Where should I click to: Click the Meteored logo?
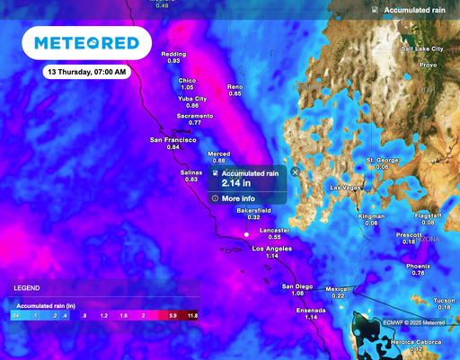(x=86, y=43)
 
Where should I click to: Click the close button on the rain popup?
(x=295, y=171)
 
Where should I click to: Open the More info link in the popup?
(x=238, y=198)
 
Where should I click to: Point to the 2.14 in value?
(x=236, y=183)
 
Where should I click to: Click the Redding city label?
(x=173, y=54)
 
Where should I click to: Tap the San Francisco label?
(x=173, y=140)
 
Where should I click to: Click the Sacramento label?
(x=195, y=116)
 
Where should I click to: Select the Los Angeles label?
(x=272, y=248)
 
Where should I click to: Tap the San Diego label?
(x=297, y=286)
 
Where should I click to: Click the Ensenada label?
(x=311, y=310)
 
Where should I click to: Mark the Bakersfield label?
(x=253, y=210)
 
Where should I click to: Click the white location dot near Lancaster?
(x=246, y=235)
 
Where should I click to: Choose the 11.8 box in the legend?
(x=192, y=317)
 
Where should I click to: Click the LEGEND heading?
(x=25, y=288)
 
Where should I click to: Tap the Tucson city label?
(x=444, y=300)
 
